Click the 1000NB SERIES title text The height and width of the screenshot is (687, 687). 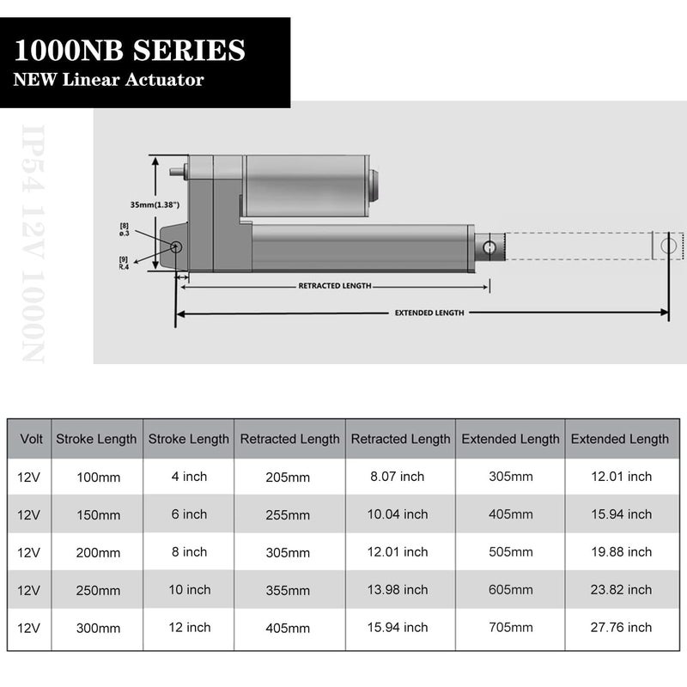click(x=129, y=51)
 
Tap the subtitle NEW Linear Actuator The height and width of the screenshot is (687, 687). click(x=108, y=80)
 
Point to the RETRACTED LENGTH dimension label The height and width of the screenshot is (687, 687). click(x=334, y=286)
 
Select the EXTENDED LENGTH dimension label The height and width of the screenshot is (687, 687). click(x=429, y=313)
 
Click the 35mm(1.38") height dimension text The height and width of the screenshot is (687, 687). click(x=155, y=205)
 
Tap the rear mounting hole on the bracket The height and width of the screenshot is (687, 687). click(x=176, y=247)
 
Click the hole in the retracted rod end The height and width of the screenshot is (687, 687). click(x=489, y=248)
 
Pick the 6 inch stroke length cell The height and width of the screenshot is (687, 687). click(x=189, y=514)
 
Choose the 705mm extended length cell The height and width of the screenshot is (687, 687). click(x=510, y=628)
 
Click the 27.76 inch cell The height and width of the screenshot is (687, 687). click(x=619, y=628)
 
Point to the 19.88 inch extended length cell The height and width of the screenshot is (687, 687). click(x=619, y=552)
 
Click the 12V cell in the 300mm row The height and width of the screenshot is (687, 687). click(x=28, y=628)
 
